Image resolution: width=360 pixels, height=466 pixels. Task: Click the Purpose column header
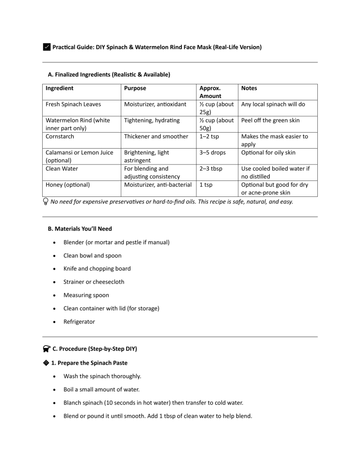pyautogui.click(x=135, y=88)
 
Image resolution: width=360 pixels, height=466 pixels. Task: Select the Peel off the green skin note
pyautogui.click(x=270, y=120)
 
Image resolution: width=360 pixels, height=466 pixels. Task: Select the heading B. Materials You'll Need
pyautogui.click(x=80, y=229)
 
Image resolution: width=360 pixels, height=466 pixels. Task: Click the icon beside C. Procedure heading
pyautogui.click(x=46, y=349)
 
